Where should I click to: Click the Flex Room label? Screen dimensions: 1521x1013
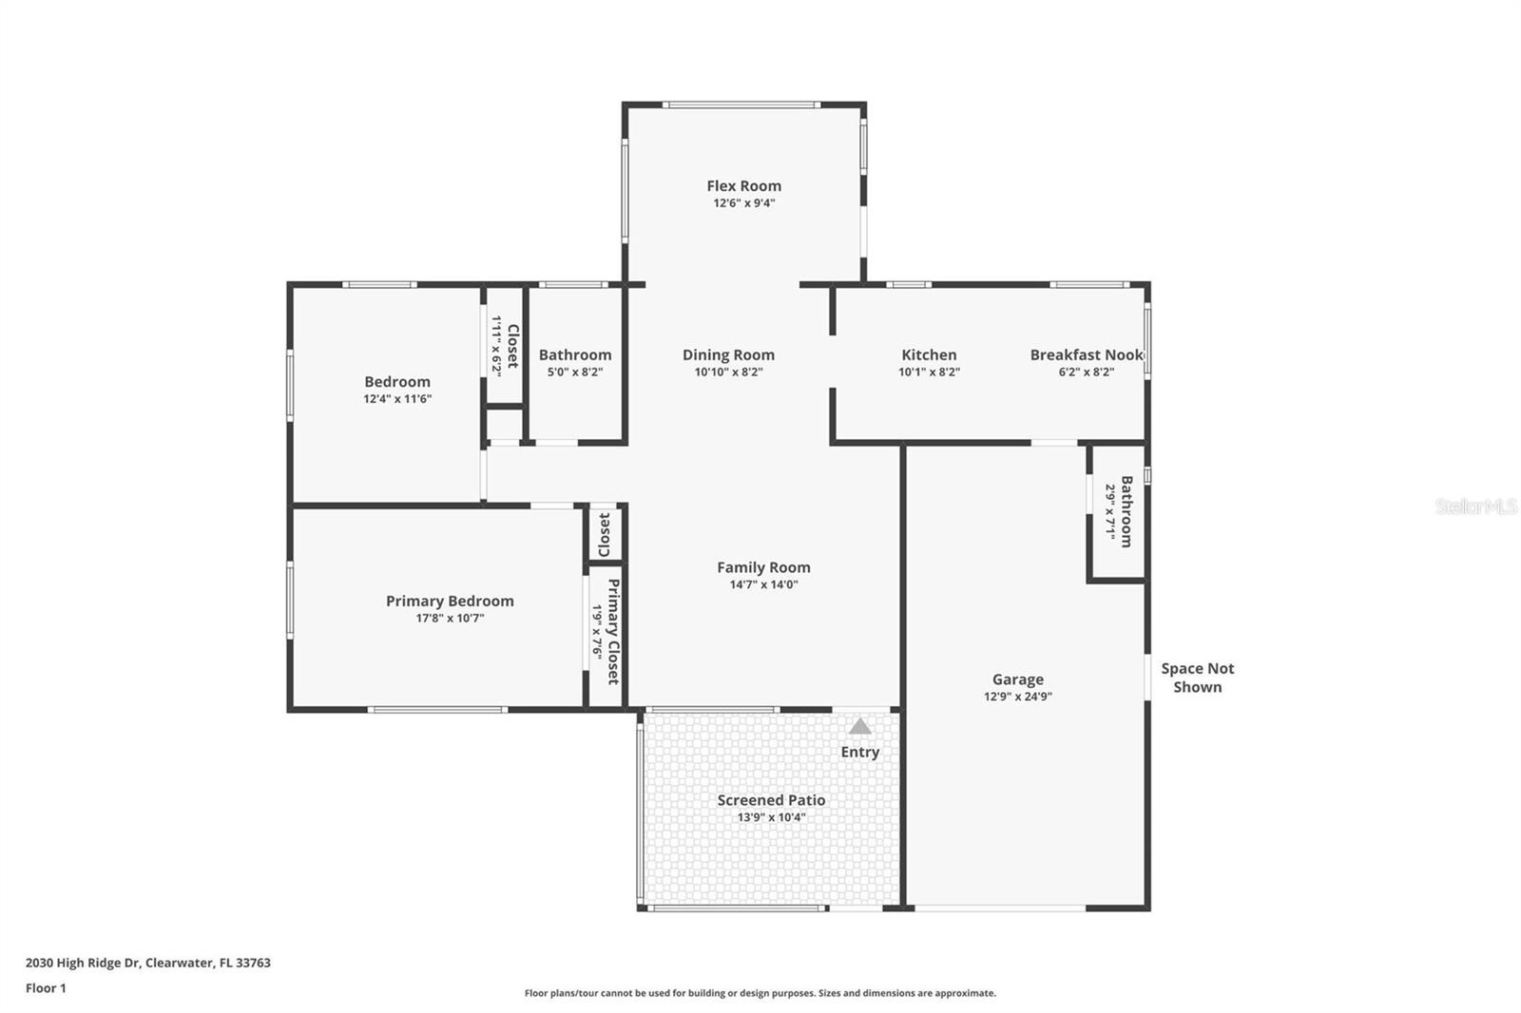pyautogui.click(x=743, y=185)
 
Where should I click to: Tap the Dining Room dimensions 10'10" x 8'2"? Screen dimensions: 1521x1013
pyautogui.click(x=728, y=373)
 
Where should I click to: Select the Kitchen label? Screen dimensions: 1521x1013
pyautogui.click(x=929, y=354)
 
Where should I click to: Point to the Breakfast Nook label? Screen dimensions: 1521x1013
pyautogui.click(x=1087, y=354)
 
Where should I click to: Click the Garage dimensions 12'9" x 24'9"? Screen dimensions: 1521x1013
pyautogui.click(x=1018, y=696)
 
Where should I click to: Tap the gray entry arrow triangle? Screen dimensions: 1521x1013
pyautogui.click(x=859, y=726)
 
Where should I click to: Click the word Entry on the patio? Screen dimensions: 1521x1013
pyautogui.click(x=859, y=753)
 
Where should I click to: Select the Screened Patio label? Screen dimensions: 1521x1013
pyautogui.click(x=771, y=800)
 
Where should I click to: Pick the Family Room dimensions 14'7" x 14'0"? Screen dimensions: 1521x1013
pyautogui.click(x=764, y=584)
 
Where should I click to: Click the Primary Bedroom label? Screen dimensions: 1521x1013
pyautogui.click(x=450, y=601)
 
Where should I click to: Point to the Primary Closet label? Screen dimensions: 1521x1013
pyautogui.click(x=613, y=631)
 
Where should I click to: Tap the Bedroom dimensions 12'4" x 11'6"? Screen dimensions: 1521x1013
pyautogui.click(x=397, y=398)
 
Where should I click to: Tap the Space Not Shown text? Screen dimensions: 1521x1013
pyautogui.click(x=1198, y=678)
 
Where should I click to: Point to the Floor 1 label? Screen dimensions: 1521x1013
pyautogui.click(x=47, y=988)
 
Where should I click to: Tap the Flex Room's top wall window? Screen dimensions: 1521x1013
pyautogui.click(x=741, y=105)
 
